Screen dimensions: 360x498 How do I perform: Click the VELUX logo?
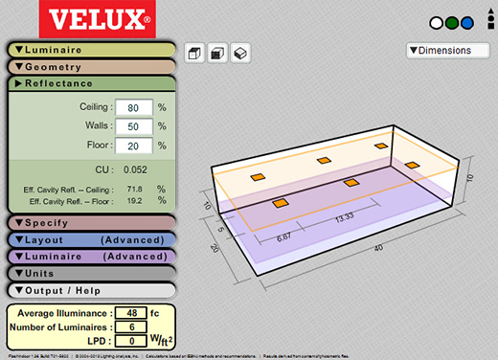[113, 19]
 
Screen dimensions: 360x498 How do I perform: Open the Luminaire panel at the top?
[91, 50]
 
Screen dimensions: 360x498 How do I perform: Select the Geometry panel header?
[91, 67]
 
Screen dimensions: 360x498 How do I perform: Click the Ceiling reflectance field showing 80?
[132, 107]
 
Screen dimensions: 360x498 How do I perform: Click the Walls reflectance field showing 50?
[132, 126]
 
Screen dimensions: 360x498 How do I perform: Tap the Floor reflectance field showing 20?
[132, 146]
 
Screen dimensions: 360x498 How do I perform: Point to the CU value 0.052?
[134, 169]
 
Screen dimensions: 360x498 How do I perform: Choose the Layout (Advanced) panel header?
[91, 239]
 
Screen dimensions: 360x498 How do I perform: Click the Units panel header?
[91, 273]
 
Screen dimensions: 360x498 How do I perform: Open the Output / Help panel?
[91, 289]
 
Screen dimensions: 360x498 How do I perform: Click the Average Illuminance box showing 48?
[129, 312]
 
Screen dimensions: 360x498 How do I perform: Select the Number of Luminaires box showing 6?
[129, 326]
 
